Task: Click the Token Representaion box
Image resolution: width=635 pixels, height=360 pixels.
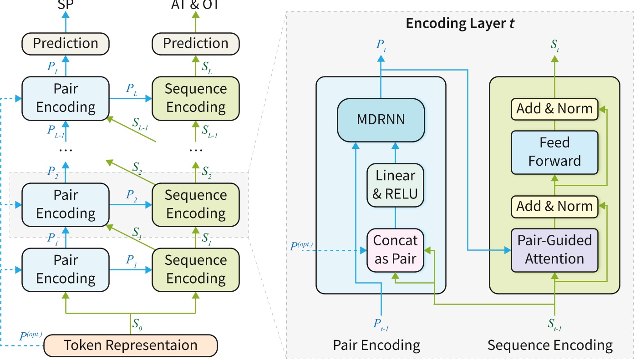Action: (131, 345)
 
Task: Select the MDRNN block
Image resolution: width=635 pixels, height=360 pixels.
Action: (381, 120)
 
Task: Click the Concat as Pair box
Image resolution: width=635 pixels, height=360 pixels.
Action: (395, 250)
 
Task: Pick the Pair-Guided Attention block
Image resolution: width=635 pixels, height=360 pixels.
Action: (554, 250)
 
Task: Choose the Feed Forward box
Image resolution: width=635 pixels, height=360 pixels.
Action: (554, 152)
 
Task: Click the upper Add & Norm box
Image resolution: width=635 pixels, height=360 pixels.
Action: (554, 109)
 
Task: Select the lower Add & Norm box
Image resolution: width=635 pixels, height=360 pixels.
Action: (554, 206)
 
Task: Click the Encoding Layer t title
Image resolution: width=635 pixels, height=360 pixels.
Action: (460, 23)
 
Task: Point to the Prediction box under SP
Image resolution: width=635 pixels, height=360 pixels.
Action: (66, 43)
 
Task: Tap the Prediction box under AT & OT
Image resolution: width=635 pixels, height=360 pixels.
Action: (196, 43)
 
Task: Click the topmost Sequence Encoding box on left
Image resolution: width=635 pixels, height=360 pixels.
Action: (196, 98)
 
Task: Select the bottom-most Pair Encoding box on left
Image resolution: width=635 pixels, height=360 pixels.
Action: (66, 269)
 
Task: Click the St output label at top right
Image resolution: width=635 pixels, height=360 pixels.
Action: (555, 45)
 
